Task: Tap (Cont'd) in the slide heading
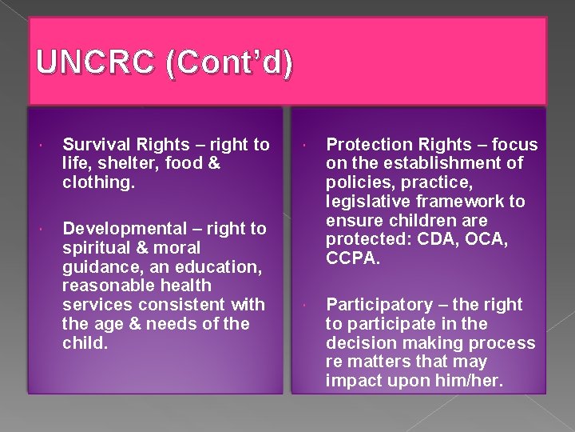(x=228, y=63)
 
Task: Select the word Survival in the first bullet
(x=94, y=145)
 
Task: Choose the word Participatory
(x=379, y=305)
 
